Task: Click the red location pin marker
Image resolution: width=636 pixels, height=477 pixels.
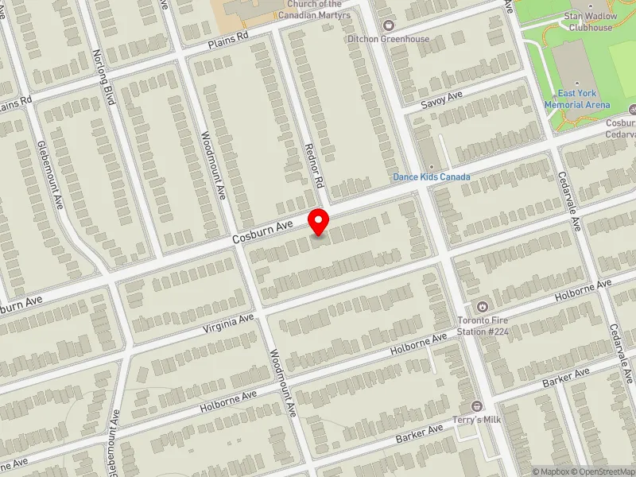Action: pos(319,222)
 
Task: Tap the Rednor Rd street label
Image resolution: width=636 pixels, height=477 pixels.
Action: pos(316,166)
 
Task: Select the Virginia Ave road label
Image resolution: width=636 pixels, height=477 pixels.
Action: pos(228,323)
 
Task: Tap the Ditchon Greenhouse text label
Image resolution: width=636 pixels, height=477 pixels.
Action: pos(388,38)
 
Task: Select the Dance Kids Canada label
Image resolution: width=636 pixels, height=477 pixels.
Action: pos(432,176)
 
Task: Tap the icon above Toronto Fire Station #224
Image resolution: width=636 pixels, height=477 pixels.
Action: pos(481,307)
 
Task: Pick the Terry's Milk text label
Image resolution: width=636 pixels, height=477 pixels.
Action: pos(477,418)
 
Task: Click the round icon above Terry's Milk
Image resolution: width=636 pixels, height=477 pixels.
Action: pos(477,406)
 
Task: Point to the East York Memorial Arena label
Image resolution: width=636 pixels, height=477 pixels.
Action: pos(577,99)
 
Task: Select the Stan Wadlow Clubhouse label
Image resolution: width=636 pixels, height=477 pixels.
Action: pos(590,21)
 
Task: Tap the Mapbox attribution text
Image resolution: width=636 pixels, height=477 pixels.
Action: pos(552,471)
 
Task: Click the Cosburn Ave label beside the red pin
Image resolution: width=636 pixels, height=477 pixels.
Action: pos(262,231)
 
